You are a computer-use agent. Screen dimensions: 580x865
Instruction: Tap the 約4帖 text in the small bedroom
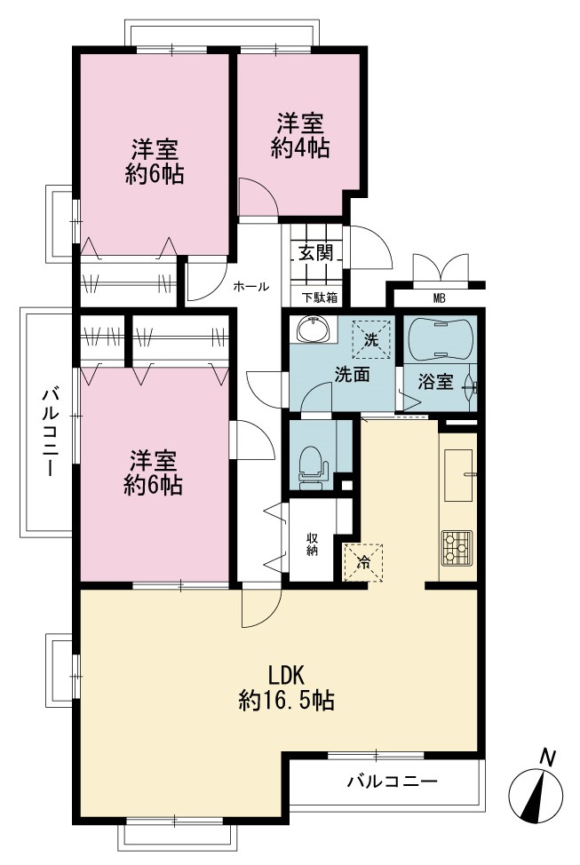[300, 147]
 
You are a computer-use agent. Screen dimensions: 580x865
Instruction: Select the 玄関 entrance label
[315, 252]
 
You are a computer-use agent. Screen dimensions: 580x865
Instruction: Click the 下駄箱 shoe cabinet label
[318, 298]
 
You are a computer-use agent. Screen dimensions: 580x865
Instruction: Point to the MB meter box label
[440, 298]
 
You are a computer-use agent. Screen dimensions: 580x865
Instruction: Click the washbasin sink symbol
[314, 329]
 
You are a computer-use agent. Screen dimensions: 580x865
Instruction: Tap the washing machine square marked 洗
[371, 339]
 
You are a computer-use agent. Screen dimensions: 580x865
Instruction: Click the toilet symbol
[313, 468]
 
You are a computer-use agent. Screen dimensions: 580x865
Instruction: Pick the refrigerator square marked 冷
[363, 563]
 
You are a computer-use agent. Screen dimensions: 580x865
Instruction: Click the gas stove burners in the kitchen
[457, 548]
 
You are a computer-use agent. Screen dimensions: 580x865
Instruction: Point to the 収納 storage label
[312, 544]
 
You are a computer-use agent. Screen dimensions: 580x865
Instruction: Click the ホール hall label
[251, 286]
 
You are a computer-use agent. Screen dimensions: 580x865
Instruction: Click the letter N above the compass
[547, 758]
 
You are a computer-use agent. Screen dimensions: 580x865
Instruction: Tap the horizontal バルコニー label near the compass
[393, 782]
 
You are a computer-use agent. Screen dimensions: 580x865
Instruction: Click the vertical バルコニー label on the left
[52, 432]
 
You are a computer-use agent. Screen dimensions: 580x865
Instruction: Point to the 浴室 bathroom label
[436, 381]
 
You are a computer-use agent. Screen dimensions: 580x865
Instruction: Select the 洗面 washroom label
[352, 375]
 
